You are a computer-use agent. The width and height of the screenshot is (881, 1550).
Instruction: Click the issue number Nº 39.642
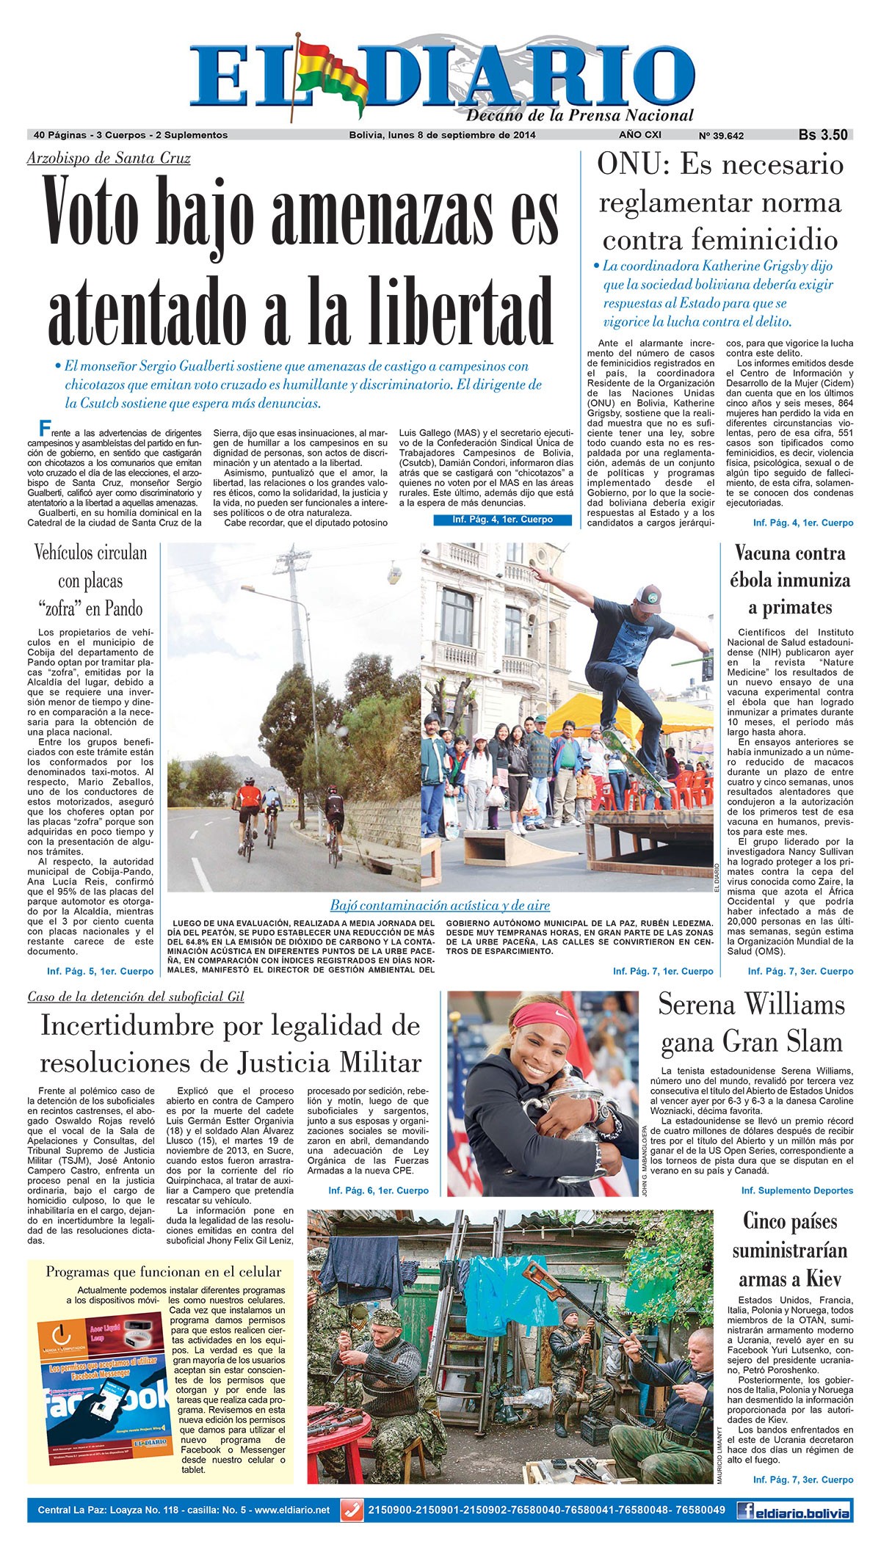click(x=721, y=136)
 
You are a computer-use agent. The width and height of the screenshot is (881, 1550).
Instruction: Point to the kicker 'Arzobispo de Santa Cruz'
click(x=109, y=158)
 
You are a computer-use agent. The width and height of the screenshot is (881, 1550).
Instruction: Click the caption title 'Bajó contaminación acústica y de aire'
click(x=440, y=905)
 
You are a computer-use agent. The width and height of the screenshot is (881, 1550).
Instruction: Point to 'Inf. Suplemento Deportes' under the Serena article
click(x=797, y=1190)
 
